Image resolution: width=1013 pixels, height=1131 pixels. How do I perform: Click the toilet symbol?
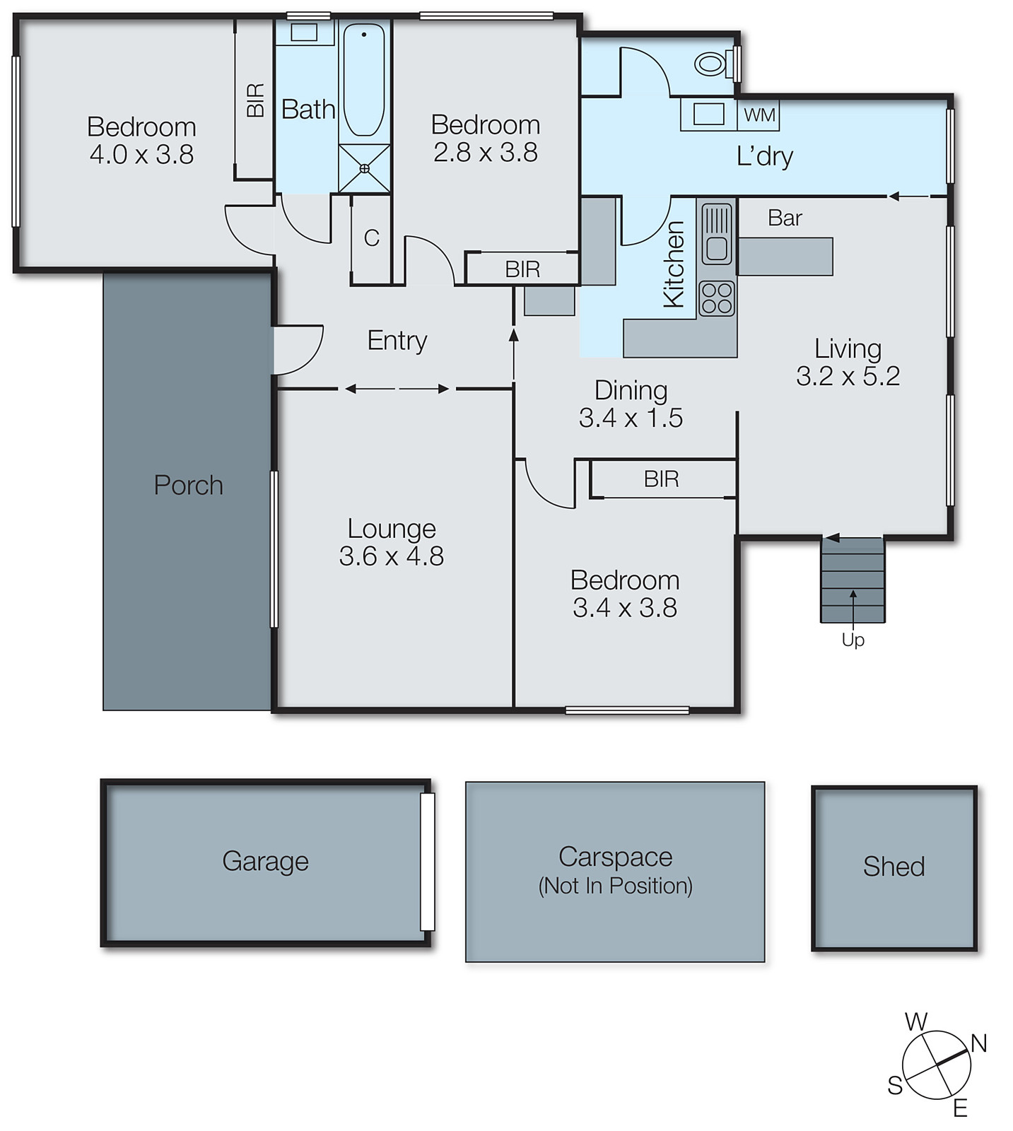tap(711, 64)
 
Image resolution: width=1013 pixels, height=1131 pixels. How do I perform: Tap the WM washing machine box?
tap(759, 115)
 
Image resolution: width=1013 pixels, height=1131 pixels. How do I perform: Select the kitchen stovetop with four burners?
tap(717, 298)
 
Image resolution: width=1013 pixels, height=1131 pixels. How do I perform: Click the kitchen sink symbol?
tap(717, 234)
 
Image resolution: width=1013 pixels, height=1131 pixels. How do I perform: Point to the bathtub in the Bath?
tap(364, 79)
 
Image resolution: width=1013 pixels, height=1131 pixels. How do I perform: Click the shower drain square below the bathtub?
tap(364, 168)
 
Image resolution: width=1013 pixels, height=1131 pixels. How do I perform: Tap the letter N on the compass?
tap(978, 1043)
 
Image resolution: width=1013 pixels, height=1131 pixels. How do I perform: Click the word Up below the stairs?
tap(853, 640)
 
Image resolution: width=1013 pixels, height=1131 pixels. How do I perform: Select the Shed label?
tap(894, 867)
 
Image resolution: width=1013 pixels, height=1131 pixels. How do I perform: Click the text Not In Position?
tap(615, 886)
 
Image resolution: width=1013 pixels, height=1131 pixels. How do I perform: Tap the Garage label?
tap(265, 861)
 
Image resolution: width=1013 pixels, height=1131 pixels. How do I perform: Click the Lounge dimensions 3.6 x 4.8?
tap(391, 556)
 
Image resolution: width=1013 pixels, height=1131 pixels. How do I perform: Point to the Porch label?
tap(188, 486)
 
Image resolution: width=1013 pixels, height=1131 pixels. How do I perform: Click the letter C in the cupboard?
tap(371, 238)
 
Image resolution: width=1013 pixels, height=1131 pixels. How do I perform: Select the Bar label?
tap(785, 218)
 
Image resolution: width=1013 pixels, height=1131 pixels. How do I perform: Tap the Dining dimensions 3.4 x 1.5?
tap(631, 418)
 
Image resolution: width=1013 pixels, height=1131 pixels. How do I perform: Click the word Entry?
tap(397, 341)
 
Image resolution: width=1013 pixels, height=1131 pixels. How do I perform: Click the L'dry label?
tap(764, 156)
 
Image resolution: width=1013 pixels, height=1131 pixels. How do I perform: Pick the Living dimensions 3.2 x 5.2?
tap(848, 376)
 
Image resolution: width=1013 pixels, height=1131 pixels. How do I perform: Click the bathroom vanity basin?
tap(304, 33)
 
